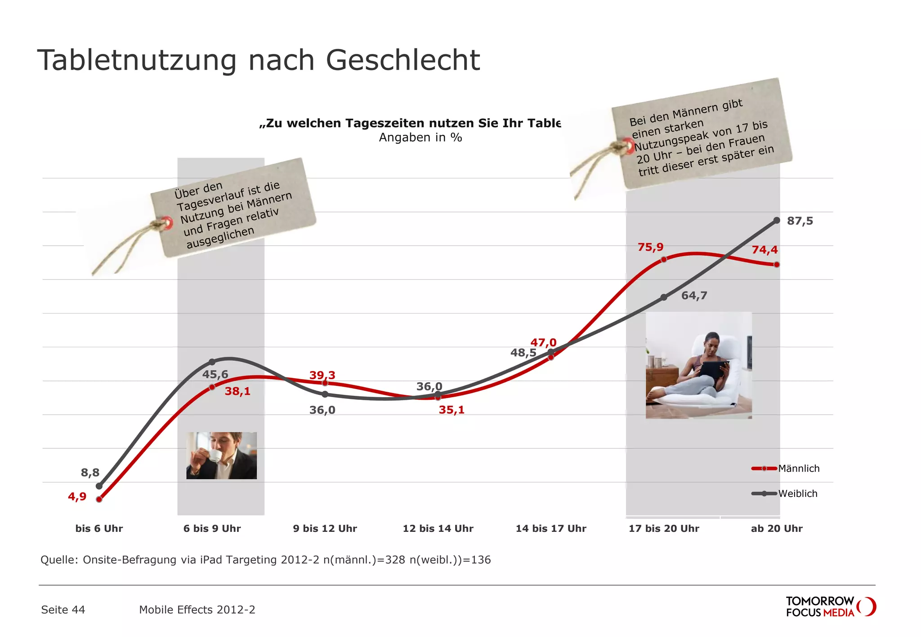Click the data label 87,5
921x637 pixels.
[x=800, y=221]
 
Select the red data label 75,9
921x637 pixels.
[x=650, y=247]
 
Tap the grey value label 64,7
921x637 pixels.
[x=694, y=296]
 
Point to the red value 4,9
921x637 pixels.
[x=77, y=496]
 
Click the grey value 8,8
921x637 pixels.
[x=90, y=472]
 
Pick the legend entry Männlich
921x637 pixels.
[x=799, y=469]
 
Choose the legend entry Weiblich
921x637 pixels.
[x=798, y=494]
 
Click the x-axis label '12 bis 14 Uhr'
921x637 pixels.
[x=438, y=529]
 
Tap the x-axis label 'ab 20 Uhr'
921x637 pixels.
[x=777, y=529]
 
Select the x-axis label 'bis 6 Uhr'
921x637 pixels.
[x=99, y=529]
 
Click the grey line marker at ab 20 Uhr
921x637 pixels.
[x=777, y=220]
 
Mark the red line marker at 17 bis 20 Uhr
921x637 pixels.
[x=664, y=259]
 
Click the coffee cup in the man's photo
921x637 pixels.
[x=215, y=456]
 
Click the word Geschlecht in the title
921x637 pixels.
[x=403, y=60]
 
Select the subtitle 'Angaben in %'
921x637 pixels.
[x=420, y=137]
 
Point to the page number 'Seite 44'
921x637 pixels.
[x=63, y=610]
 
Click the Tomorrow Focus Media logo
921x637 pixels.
[x=830, y=607]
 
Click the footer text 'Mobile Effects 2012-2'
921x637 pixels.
[x=197, y=610]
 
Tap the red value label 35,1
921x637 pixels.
[x=452, y=410]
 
